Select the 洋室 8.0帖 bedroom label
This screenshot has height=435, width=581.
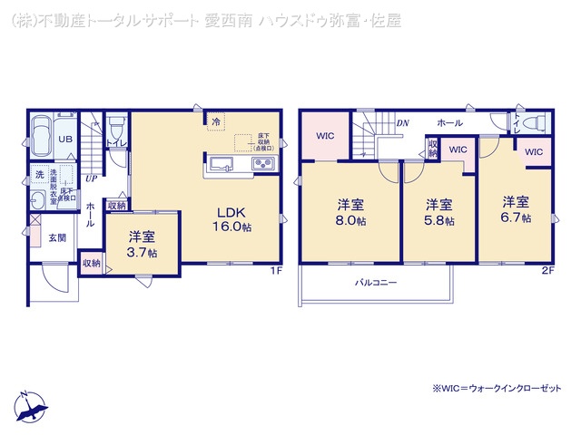click(x=351, y=213)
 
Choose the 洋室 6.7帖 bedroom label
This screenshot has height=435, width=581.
click(x=516, y=209)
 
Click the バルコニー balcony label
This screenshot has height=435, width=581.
click(x=376, y=283)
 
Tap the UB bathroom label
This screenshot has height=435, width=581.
click(x=65, y=140)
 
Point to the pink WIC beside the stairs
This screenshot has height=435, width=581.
click(x=326, y=137)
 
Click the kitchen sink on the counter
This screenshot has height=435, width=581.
click(x=223, y=164)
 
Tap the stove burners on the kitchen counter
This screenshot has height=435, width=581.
click(x=263, y=164)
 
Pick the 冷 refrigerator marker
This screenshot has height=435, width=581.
click(x=216, y=120)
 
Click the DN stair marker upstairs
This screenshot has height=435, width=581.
click(x=400, y=122)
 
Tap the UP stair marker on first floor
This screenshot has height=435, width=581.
click(x=91, y=179)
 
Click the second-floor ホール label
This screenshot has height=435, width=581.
click(x=449, y=122)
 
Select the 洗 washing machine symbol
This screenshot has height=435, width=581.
click(x=40, y=173)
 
